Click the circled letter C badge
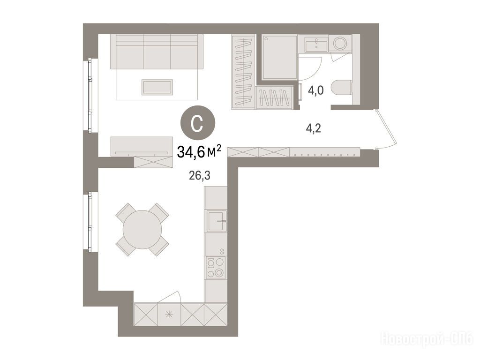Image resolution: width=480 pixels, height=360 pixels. pos(198,123)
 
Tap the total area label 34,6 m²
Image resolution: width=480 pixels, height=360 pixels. pos(199,151)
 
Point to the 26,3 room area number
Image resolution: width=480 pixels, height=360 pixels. pos(200,176)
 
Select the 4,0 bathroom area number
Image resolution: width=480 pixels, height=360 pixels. pos(315,91)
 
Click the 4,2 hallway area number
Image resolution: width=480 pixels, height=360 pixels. pos(314,128)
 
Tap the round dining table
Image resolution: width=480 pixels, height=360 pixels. pos(142,229)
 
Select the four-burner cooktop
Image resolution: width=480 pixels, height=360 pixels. pos(216,268)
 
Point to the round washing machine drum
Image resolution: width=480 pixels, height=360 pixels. pos(340,44)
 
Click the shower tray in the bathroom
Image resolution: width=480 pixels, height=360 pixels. pos(279,57)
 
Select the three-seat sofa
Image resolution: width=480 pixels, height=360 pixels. pos(157,52)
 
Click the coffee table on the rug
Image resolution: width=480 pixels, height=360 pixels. pos(157,87)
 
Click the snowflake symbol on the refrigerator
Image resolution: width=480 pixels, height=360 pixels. pos(169,315)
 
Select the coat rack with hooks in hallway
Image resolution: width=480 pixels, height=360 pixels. pos(324,152)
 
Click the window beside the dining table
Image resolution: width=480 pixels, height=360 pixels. pos(90,222)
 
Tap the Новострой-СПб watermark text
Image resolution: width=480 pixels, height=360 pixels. pos(427,339)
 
